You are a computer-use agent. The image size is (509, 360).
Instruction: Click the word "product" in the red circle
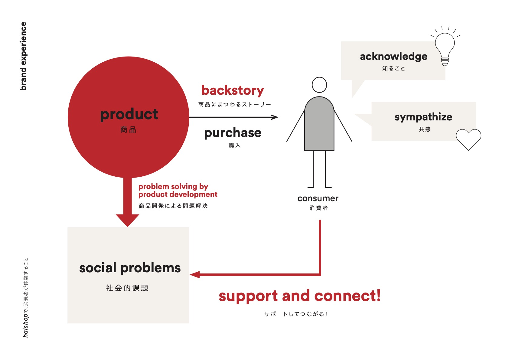[129, 114]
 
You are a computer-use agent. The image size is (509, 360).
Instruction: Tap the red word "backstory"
[233, 90]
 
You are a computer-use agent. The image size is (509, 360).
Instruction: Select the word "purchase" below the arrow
[233, 133]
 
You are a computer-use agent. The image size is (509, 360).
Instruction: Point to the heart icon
[468, 139]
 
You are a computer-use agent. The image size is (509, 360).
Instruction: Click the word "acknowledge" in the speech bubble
[393, 57]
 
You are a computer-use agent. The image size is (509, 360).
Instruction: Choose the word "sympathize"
[423, 117]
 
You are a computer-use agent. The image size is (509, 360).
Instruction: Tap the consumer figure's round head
[319, 85]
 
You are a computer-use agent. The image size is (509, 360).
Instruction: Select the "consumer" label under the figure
[318, 198]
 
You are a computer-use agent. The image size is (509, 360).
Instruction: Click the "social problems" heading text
[130, 268]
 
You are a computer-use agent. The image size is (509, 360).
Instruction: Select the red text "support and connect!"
[299, 296]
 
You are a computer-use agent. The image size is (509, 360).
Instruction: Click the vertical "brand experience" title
[23, 56]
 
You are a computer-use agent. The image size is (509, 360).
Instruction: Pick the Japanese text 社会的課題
[127, 288]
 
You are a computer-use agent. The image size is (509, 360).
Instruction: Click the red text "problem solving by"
[173, 186]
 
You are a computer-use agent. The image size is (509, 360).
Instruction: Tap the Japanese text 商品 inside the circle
[128, 130]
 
